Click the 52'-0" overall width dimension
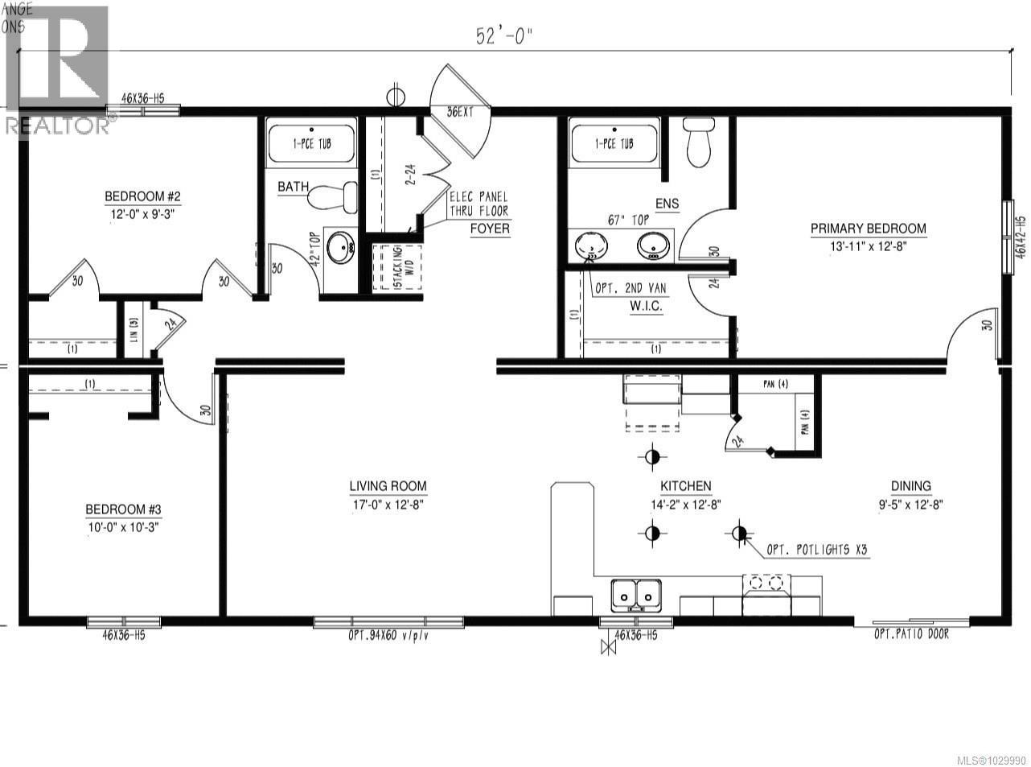coord(504,36)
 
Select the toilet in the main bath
coord(333,196)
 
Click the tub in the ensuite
coord(614,142)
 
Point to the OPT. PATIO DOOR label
coord(911,634)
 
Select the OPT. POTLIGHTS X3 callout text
coord(815,551)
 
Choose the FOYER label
coord(491,228)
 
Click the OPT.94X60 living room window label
coord(388,635)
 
